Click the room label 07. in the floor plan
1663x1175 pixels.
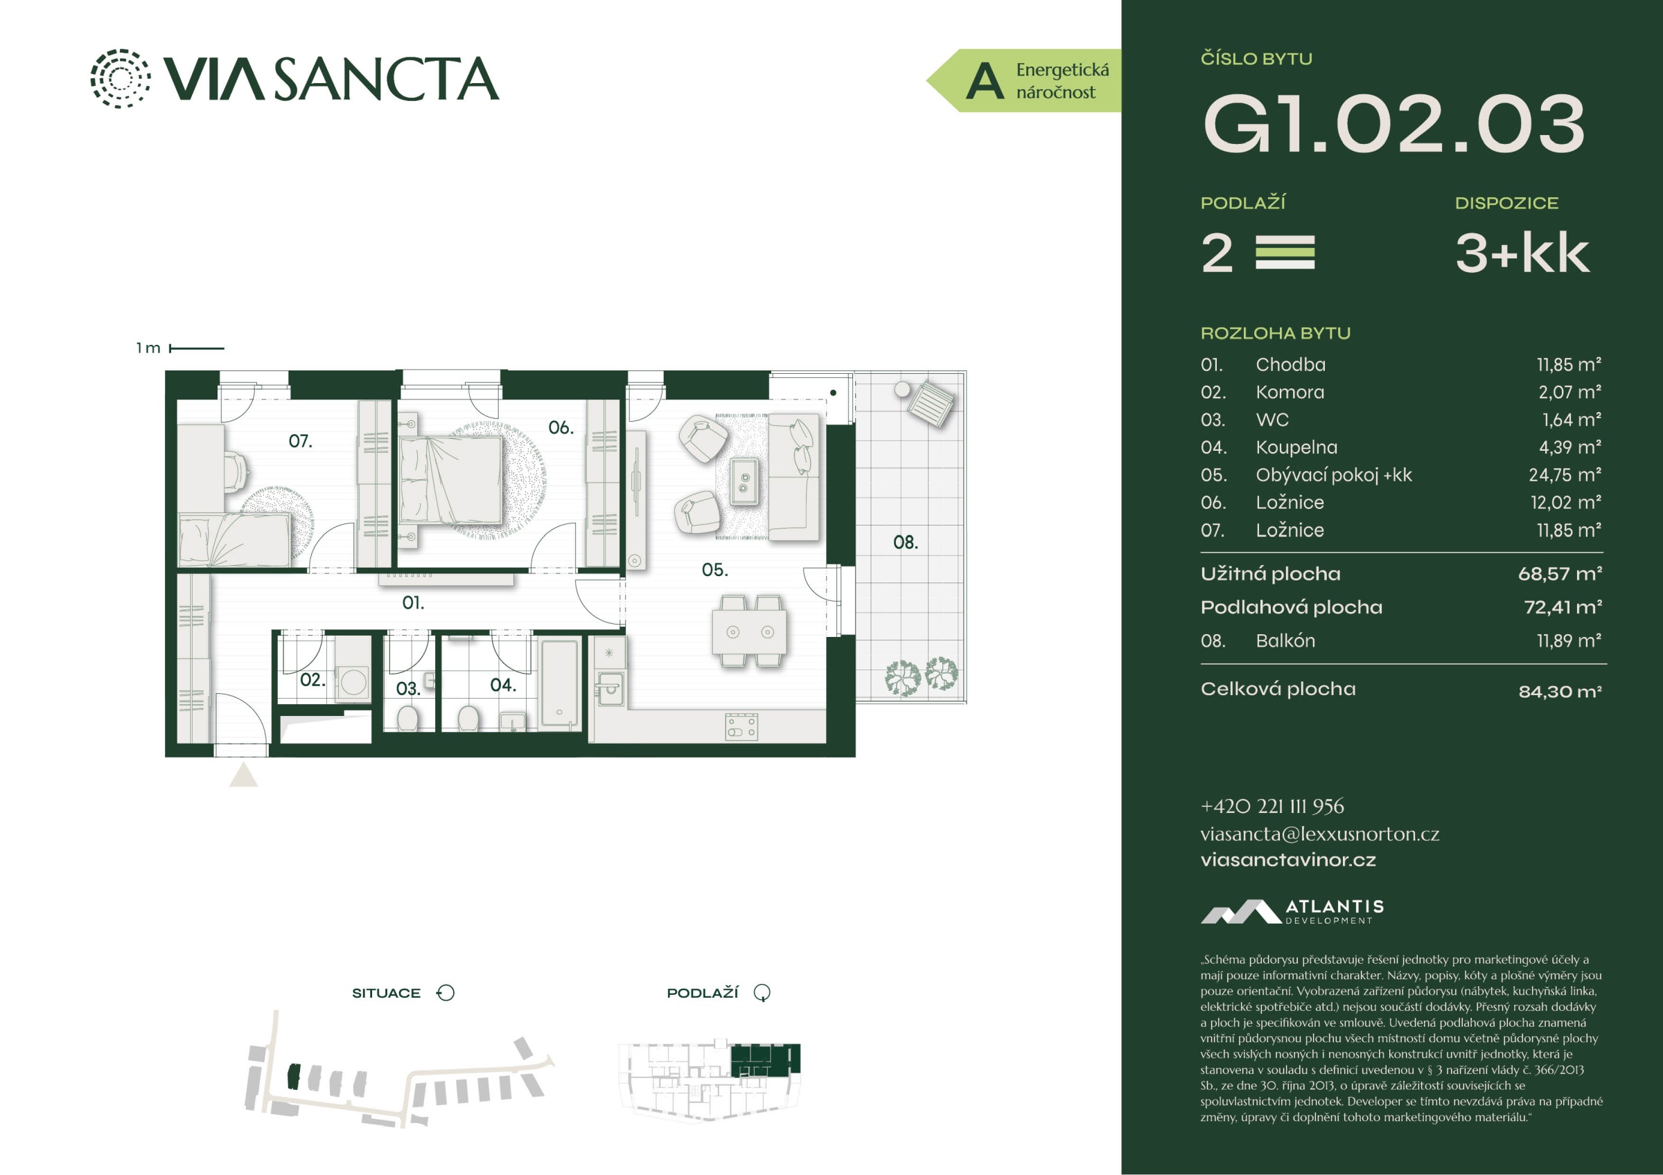tap(300, 441)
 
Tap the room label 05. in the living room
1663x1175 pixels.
tap(714, 570)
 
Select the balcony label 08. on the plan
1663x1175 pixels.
tap(906, 542)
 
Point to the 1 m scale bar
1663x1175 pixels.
tap(196, 348)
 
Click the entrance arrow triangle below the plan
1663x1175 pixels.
tap(243, 775)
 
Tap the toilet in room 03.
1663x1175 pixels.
tap(408, 717)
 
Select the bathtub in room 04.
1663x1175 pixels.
tap(560, 683)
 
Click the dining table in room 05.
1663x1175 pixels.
tap(750, 631)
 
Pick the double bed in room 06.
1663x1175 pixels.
tap(450, 479)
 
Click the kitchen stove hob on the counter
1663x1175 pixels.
tap(741, 726)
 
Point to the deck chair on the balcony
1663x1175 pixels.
tap(930, 404)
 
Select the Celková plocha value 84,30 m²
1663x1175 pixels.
tap(1560, 692)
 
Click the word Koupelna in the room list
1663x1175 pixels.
tap(1296, 447)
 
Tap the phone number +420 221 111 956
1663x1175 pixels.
tap(1272, 806)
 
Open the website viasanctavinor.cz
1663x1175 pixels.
tap(1288, 860)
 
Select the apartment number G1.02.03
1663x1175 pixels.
tap(1394, 124)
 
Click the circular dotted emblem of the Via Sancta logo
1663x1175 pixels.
tap(121, 78)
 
